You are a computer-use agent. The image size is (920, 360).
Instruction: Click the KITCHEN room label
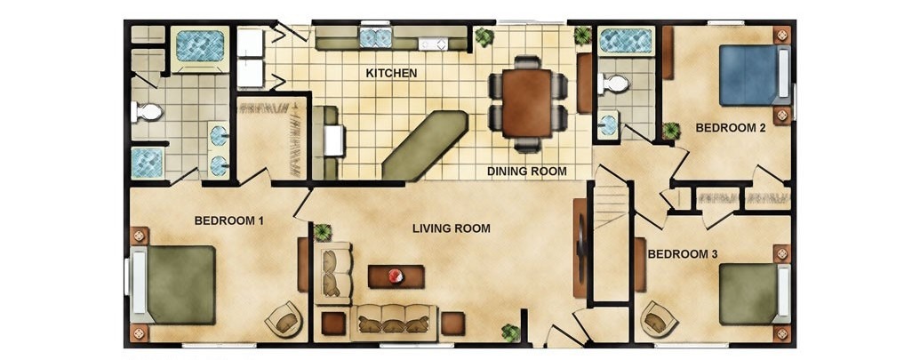(391, 73)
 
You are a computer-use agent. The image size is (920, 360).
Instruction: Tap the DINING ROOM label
(527, 172)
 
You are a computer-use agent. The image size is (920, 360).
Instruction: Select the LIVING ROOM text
(452, 228)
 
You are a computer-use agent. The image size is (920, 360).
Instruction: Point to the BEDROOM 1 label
(228, 220)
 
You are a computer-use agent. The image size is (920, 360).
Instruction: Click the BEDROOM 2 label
(731, 127)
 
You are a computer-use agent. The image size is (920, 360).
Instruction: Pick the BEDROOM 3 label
(683, 254)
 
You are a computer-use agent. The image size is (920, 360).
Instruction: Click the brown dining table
(527, 103)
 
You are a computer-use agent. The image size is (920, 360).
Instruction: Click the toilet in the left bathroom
(147, 111)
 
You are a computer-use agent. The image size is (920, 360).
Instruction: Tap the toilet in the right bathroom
(613, 84)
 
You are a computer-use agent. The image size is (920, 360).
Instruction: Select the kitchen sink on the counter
(375, 38)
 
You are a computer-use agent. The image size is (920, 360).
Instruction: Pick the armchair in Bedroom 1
(284, 319)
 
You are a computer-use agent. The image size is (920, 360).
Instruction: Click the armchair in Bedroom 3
(659, 319)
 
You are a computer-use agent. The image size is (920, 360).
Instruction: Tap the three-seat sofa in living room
(394, 323)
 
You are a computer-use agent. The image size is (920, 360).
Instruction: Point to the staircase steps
(611, 206)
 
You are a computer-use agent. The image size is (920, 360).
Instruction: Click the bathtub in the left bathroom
(200, 45)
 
